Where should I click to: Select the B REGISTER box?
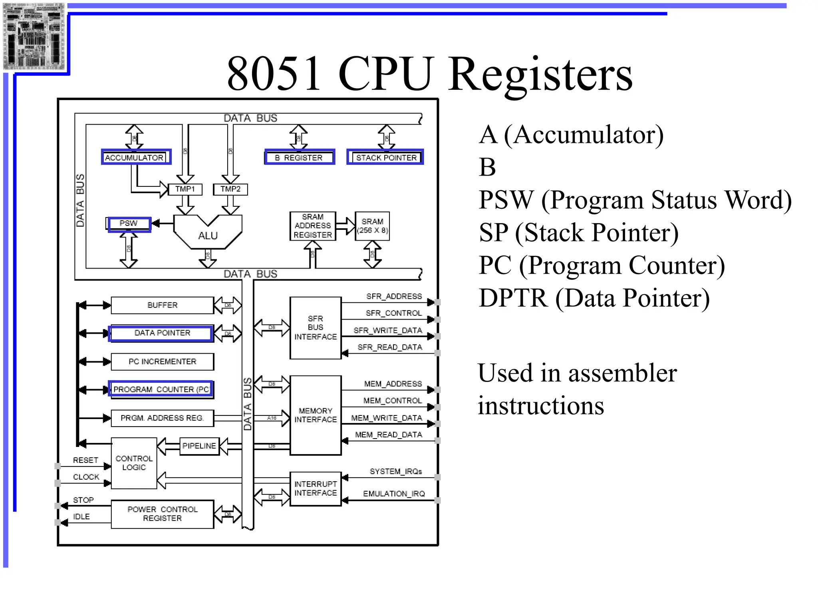click(299, 157)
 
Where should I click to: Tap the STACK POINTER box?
click(385, 157)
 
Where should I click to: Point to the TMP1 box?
click(185, 189)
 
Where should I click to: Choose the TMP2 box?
click(230, 189)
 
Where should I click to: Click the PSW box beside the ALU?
click(129, 223)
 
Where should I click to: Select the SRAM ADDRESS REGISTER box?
click(313, 226)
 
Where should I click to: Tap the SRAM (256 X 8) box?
click(372, 226)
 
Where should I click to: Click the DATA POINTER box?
click(161, 333)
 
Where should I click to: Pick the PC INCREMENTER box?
click(162, 362)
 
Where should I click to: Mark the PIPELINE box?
click(199, 446)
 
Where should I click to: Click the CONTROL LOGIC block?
click(134, 463)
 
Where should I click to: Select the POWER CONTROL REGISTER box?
click(162, 514)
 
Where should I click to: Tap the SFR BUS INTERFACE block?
click(316, 328)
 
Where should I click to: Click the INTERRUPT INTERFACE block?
click(316, 488)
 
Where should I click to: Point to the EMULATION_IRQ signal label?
click(394, 494)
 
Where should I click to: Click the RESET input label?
click(85, 460)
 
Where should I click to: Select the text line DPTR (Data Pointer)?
click(594, 298)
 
